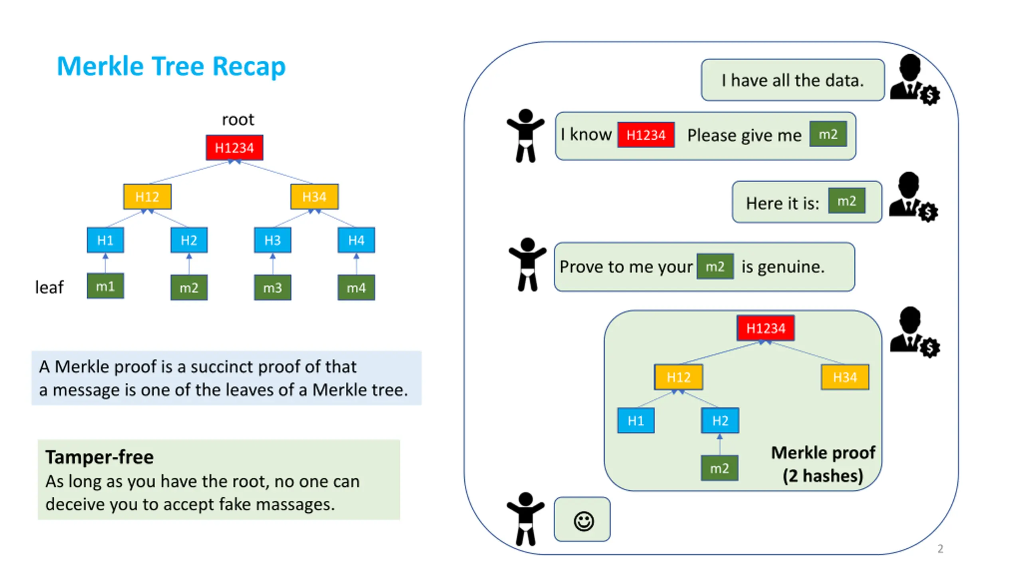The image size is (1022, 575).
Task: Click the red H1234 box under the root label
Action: [234, 148]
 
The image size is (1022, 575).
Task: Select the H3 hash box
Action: [273, 240]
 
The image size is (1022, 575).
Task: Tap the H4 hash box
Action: [356, 240]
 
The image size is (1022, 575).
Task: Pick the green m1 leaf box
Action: [105, 286]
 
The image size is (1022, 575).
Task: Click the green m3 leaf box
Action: [273, 287]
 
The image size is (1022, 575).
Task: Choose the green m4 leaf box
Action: [356, 287]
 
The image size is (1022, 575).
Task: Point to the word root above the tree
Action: [238, 120]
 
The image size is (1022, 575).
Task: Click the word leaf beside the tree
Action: [49, 287]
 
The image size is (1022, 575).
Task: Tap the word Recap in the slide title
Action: [249, 67]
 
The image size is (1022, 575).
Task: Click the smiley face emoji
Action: [584, 521]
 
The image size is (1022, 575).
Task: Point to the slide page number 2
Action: [940, 549]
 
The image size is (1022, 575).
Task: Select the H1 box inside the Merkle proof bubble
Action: [636, 420]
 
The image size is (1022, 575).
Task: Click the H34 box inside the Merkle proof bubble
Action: [845, 377]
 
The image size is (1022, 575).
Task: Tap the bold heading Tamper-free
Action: [99, 457]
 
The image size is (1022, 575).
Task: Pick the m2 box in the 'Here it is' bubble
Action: [847, 201]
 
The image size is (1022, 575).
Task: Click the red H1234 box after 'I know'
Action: [646, 135]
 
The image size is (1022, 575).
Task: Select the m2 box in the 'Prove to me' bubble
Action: [715, 266]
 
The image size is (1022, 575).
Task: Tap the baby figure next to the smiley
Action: [525, 519]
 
